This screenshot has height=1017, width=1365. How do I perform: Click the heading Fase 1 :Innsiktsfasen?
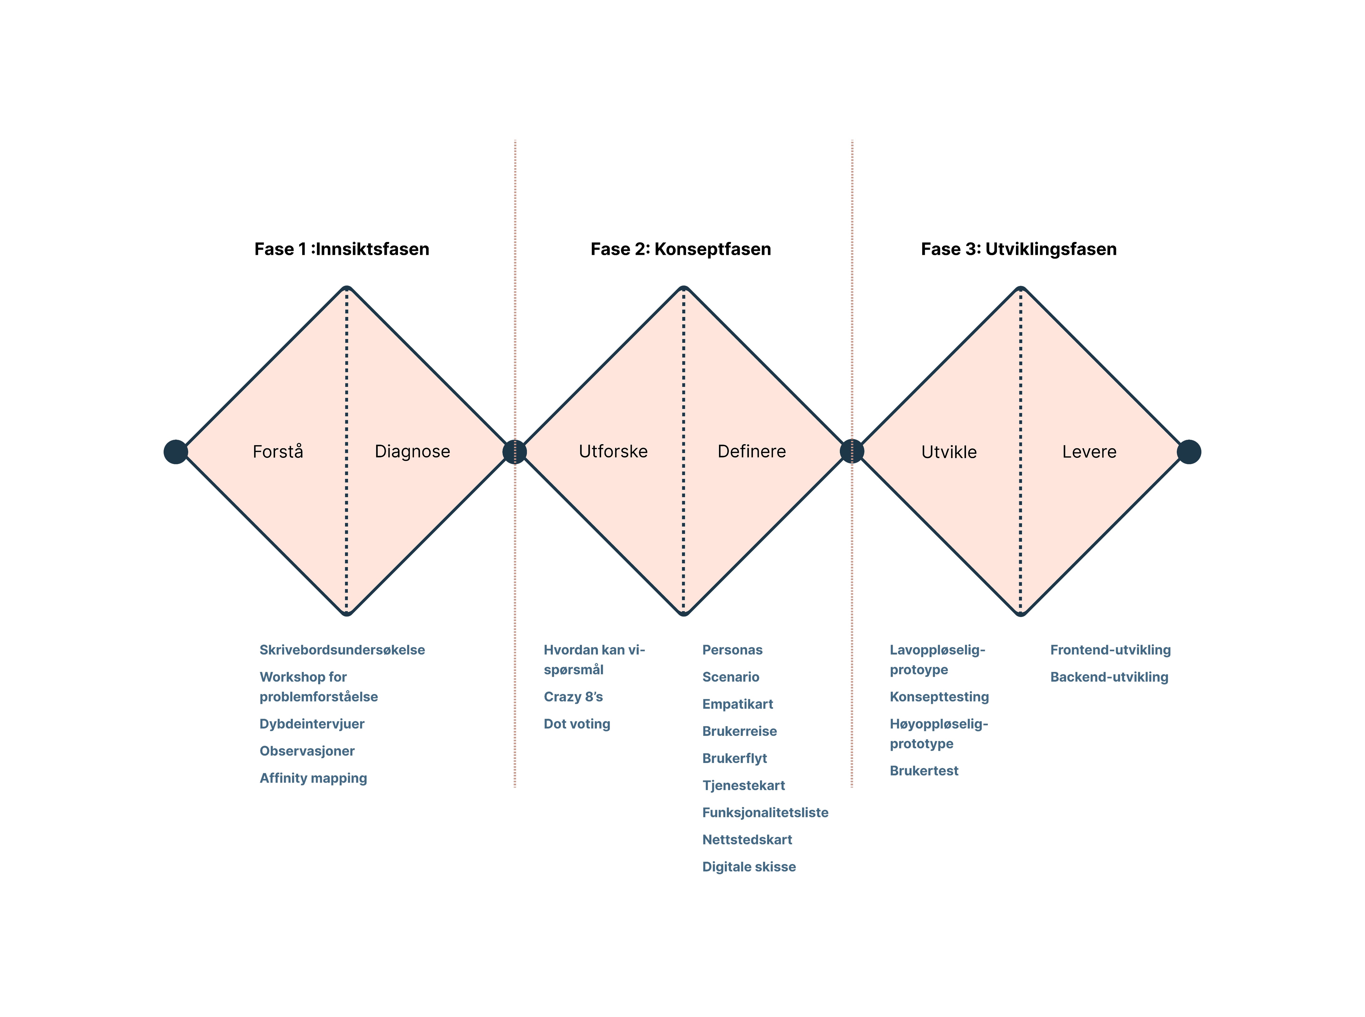point(341,249)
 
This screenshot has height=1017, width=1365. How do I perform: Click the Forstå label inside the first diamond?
point(278,452)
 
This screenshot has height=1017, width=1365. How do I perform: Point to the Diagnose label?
point(412,452)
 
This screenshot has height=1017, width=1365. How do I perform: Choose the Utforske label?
point(613,452)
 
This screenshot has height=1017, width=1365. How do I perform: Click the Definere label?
point(751,452)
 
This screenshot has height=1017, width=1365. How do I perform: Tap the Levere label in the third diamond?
point(1089,452)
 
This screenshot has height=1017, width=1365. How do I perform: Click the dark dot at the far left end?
point(175,452)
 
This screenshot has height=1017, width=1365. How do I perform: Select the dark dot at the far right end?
point(1188,452)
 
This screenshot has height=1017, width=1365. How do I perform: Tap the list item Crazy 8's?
point(573,697)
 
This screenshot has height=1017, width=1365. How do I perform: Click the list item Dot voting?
point(577,724)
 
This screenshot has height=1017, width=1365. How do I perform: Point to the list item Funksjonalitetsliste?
point(765,813)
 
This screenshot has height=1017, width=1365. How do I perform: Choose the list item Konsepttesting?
point(939,697)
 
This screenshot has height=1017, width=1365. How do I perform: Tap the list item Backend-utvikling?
point(1109,677)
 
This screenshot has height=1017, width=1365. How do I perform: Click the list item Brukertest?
point(924,771)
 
